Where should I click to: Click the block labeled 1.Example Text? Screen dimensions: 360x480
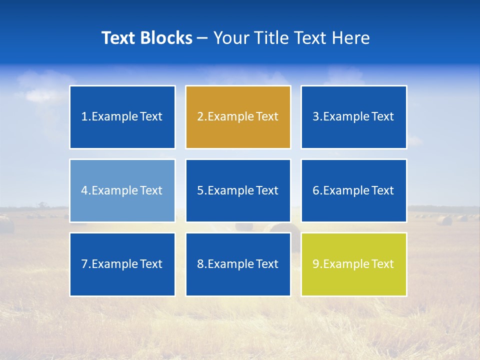point(122,117)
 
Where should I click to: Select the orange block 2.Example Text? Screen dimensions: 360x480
point(238,117)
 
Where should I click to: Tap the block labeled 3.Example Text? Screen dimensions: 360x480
point(353,117)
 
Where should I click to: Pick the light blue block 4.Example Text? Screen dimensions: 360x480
point(122,190)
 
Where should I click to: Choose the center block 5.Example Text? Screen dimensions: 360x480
point(238,190)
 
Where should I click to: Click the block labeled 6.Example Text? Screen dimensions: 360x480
point(353,190)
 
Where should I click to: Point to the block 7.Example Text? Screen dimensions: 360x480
point(122,264)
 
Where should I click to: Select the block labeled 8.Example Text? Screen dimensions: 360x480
point(238,264)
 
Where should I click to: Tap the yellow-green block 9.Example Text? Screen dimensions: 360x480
point(353,264)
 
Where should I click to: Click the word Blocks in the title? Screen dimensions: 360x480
point(167,38)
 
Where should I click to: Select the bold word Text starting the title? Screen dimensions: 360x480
point(119,38)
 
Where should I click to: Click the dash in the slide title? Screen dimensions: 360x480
point(202,38)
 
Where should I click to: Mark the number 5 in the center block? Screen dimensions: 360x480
point(200,190)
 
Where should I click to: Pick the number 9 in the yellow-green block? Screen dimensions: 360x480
point(315,264)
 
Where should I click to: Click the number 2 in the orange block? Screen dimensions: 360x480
point(200,117)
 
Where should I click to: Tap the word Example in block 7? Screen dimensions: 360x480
point(114,264)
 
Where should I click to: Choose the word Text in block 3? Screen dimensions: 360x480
point(383,117)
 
